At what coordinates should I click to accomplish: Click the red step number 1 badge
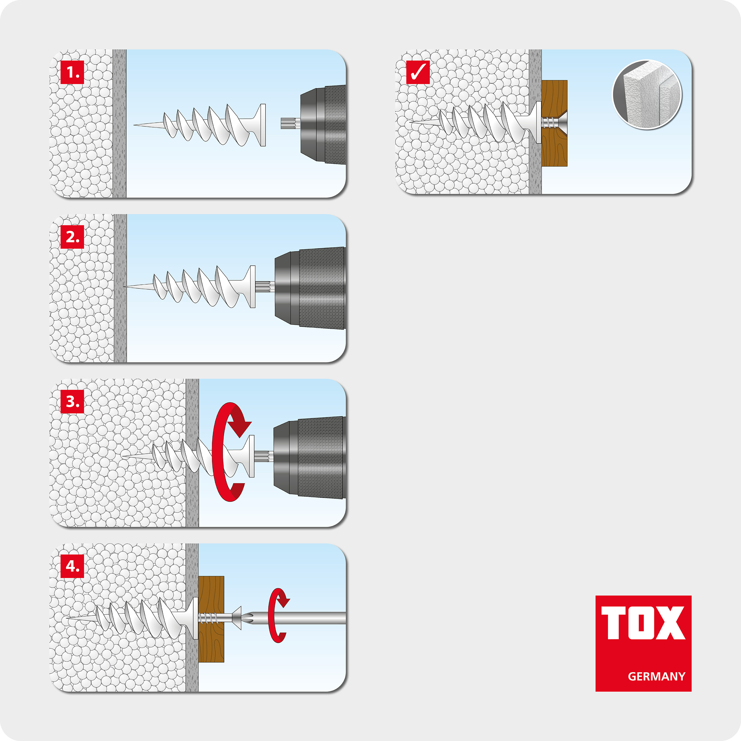[x=72, y=72]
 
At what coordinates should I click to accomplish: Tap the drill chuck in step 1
[x=322, y=125]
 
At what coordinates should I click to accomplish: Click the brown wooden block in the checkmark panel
[x=555, y=150]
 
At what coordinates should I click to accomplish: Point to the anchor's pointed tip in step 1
[x=136, y=125]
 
